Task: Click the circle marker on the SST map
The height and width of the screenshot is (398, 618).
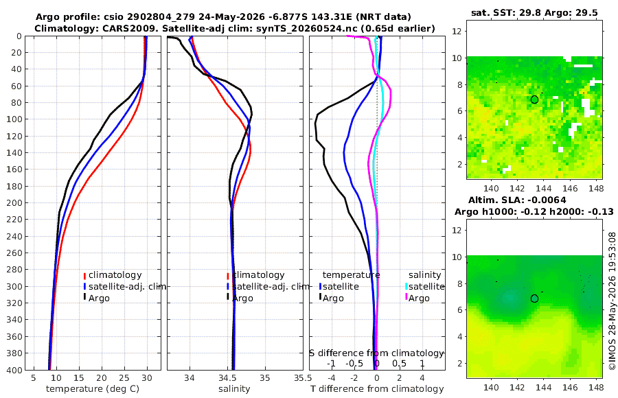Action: (x=534, y=99)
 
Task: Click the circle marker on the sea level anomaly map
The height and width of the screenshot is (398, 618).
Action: (x=534, y=298)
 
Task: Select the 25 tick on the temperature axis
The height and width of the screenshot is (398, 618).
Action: (x=124, y=378)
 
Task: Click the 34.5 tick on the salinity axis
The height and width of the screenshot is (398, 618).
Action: (x=227, y=378)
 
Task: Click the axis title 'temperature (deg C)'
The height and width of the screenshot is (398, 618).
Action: (x=93, y=389)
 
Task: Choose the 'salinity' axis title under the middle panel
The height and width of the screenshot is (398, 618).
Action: (x=234, y=389)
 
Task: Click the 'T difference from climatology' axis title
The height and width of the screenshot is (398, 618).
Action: (x=377, y=389)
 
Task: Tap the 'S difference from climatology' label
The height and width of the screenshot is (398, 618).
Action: (x=376, y=353)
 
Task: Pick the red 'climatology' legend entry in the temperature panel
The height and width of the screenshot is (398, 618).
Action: (x=113, y=275)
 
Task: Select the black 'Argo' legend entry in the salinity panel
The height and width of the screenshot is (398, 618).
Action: (x=240, y=298)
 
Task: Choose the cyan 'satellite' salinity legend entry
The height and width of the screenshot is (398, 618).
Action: (x=424, y=287)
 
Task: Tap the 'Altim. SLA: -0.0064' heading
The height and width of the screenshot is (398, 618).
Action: (x=517, y=200)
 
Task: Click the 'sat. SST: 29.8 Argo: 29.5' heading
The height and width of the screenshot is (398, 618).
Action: (x=534, y=13)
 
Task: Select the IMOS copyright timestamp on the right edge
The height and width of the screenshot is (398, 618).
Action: (x=612, y=301)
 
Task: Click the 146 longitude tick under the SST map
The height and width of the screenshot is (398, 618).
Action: (x=570, y=189)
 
